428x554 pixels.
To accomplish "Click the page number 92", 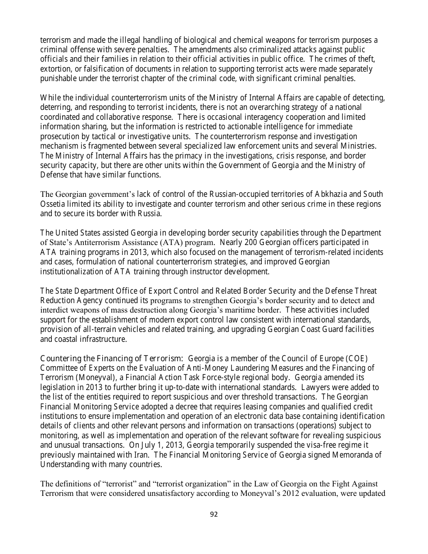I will (x=214, y=514).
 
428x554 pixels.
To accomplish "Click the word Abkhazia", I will (x=331, y=194).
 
